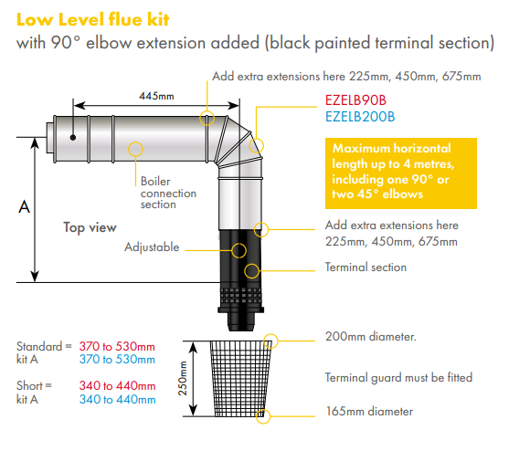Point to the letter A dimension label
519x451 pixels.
tap(25, 208)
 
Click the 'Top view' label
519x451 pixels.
tap(90, 227)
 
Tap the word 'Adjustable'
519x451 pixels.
tap(152, 247)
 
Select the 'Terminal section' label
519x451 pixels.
tap(365, 267)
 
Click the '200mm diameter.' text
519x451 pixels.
tap(371, 337)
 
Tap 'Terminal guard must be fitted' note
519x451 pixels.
tap(398, 377)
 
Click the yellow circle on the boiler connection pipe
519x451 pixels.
tap(136, 147)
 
